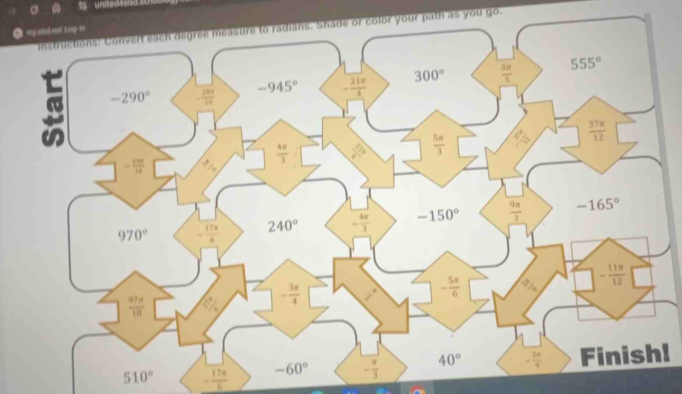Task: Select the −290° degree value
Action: (131, 98)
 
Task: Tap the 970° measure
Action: (132, 234)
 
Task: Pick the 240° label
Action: (282, 225)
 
